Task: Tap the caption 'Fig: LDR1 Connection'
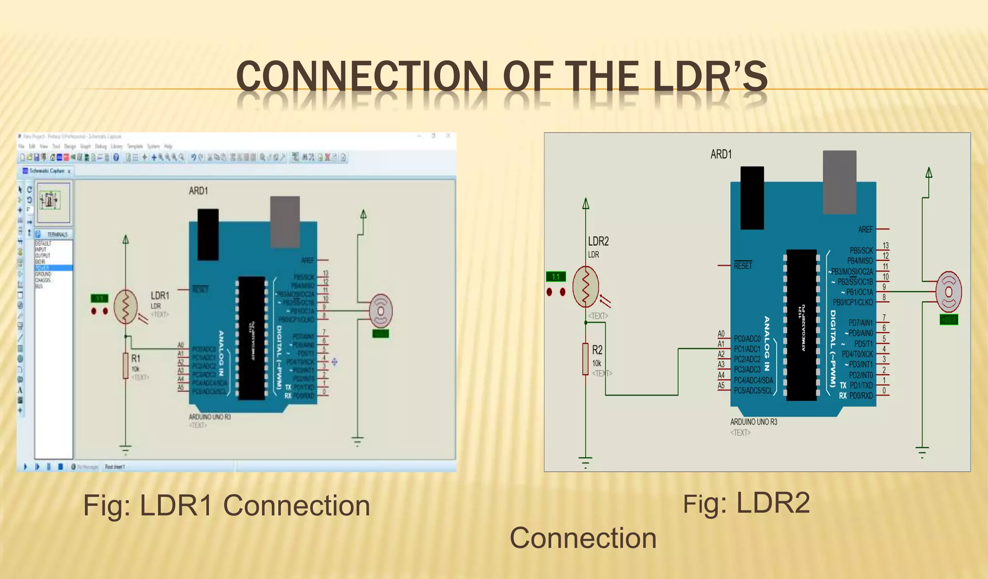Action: pyautogui.click(x=226, y=506)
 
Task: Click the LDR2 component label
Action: pyautogui.click(x=598, y=241)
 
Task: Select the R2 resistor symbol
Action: pyautogui.click(x=585, y=359)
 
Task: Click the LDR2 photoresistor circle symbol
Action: pyautogui.click(x=586, y=287)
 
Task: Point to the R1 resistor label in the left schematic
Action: pyautogui.click(x=136, y=358)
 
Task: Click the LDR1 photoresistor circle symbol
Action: pyautogui.click(x=126, y=307)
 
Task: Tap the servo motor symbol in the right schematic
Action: pyautogui.click(x=948, y=291)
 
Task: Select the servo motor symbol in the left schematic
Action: pyautogui.click(x=381, y=310)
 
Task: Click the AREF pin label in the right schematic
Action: pyautogui.click(x=865, y=229)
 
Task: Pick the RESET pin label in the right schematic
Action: pyautogui.click(x=743, y=266)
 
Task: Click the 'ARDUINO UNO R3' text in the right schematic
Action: pyautogui.click(x=754, y=422)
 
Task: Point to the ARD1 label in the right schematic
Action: pyautogui.click(x=721, y=154)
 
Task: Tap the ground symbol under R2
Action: pyautogui.click(x=585, y=461)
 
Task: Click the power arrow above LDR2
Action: pyautogui.click(x=586, y=204)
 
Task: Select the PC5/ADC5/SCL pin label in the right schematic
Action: pyautogui.click(x=753, y=391)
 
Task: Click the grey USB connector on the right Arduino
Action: pyautogui.click(x=839, y=182)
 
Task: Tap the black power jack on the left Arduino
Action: pyautogui.click(x=208, y=234)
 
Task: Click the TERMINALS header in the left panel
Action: pyautogui.click(x=57, y=235)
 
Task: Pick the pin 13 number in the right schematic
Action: pyautogui.click(x=885, y=246)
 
